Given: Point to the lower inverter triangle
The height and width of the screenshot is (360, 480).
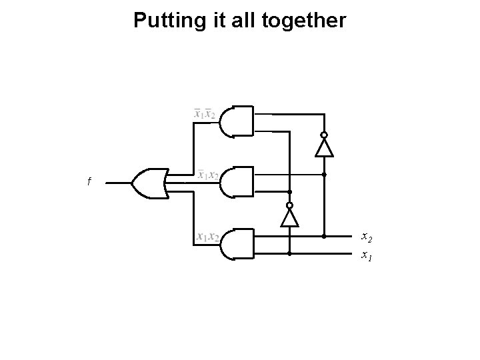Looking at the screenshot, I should [x=290, y=217].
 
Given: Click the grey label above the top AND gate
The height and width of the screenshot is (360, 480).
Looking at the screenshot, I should [x=204, y=114].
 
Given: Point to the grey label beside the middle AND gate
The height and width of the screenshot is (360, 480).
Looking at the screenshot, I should [x=208, y=175].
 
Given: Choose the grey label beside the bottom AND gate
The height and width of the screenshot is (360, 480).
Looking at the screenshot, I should [x=208, y=237].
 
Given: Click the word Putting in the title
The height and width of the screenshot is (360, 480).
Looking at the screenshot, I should [x=161, y=21].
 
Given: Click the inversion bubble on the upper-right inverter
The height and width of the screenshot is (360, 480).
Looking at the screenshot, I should [x=324, y=135].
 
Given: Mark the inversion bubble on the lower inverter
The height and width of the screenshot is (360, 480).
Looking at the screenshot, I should [x=290, y=205].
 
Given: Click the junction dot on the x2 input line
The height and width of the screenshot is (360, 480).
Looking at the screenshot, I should [x=324, y=236].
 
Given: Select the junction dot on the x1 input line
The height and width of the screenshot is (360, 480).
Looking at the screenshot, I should [x=290, y=254].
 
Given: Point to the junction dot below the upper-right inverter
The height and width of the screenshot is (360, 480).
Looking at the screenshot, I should [x=324, y=175].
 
